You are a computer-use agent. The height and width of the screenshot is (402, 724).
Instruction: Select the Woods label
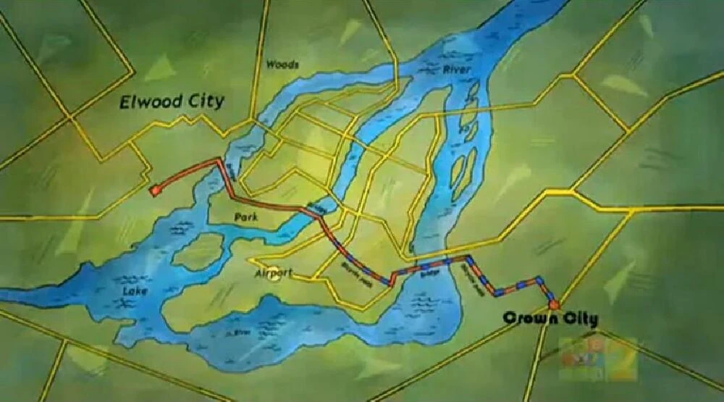282,64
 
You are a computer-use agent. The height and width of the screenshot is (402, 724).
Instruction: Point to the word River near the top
457,70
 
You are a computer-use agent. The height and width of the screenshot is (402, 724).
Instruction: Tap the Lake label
135,290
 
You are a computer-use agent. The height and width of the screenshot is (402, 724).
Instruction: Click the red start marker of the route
154,190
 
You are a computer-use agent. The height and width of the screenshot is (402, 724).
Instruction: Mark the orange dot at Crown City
554,304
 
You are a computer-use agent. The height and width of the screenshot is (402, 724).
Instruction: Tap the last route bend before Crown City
539,277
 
